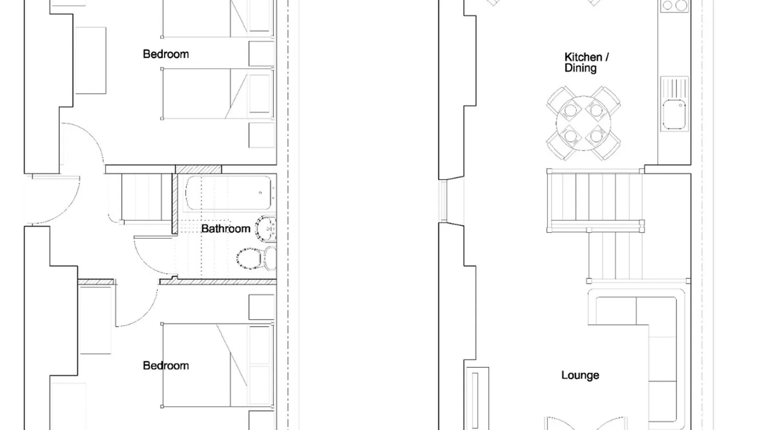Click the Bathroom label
pyautogui.click(x=225, y=228)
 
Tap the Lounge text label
pyautogui.click(x=580, y=375)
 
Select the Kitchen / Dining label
pyautogui.click(x=586, y=62)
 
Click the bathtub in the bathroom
pyautogui.click(x=229, y=193)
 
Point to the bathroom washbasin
pyautogui.click(x=266, y=229)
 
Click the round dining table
pyautogui.click(x=583, y=123)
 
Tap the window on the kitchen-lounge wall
pyautogui.click(x=443, y=201)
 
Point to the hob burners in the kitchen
pyautogui.click(x=674, y=6)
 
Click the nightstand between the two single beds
pyautogui.click(x=261, y=54)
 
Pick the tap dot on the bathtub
pyautogui.click(x=260, y=193)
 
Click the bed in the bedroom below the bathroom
pyautogui.click(x=218, y=365)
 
